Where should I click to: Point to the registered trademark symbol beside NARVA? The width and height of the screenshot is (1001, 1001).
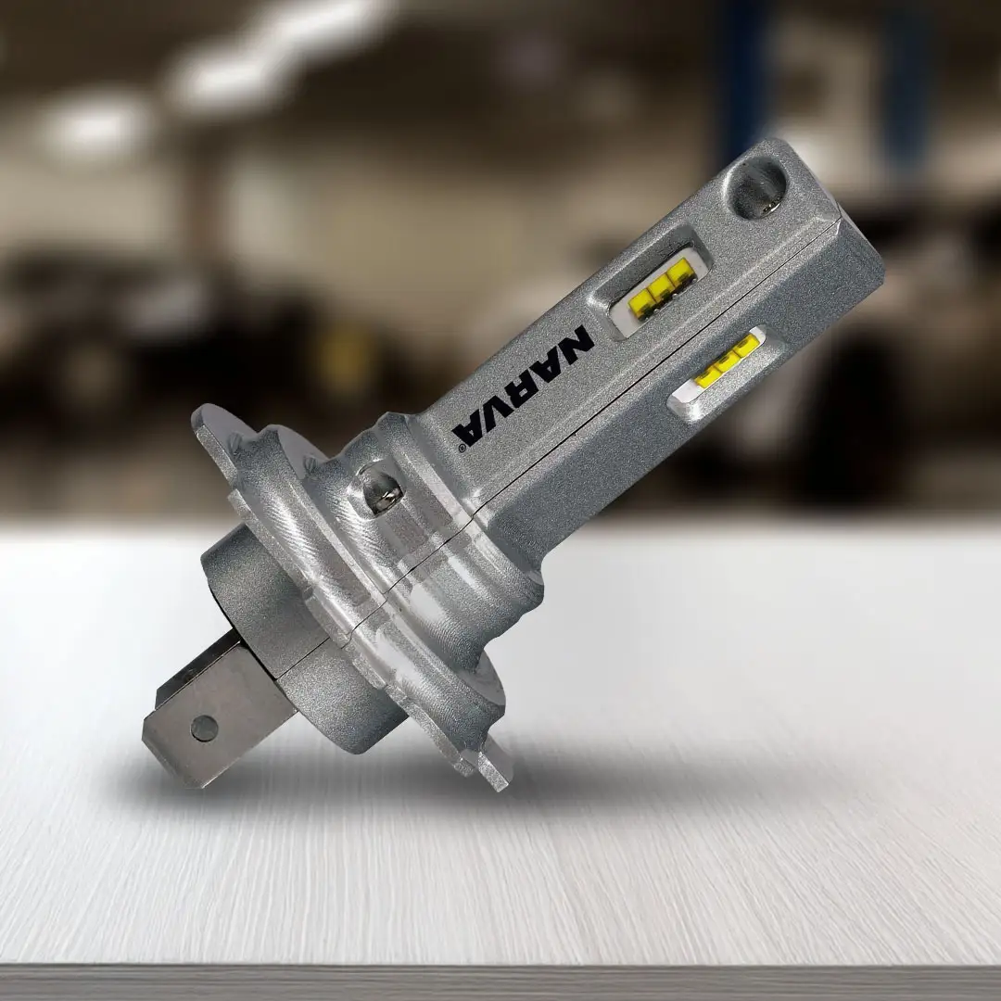click(x=462, y=449)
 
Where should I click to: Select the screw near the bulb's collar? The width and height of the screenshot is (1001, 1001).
click(x=383, y=489)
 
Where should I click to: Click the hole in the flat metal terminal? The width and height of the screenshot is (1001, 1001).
click(x=204, y=728)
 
